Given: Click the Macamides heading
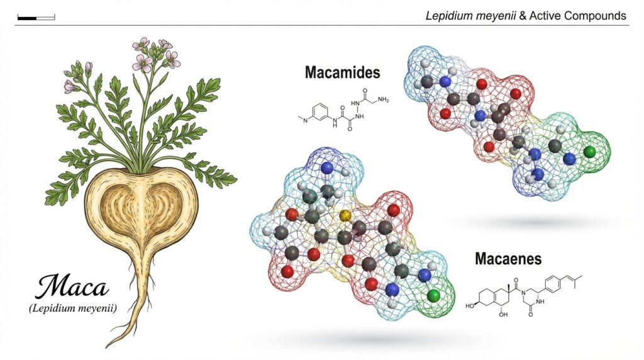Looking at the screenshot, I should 342,72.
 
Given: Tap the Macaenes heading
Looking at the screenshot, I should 509,259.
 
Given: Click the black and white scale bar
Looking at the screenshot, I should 36,16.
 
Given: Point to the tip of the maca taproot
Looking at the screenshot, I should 108,346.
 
